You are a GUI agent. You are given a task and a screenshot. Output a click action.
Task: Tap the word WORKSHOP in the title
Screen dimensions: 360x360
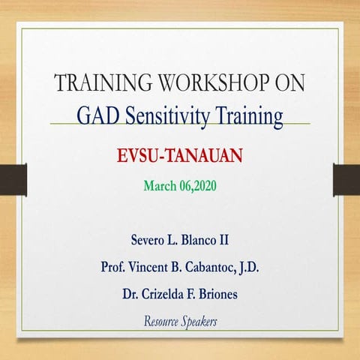click(207, 83)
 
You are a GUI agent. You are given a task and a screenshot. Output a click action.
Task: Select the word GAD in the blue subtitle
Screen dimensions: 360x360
click(97, 116)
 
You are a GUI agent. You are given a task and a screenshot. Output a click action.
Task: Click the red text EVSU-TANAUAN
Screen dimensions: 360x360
click(181, 157)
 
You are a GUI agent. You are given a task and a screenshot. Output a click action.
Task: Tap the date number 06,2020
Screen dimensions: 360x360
click(197, 186)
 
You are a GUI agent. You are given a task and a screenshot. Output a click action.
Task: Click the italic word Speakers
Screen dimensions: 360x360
click(200, 322)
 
